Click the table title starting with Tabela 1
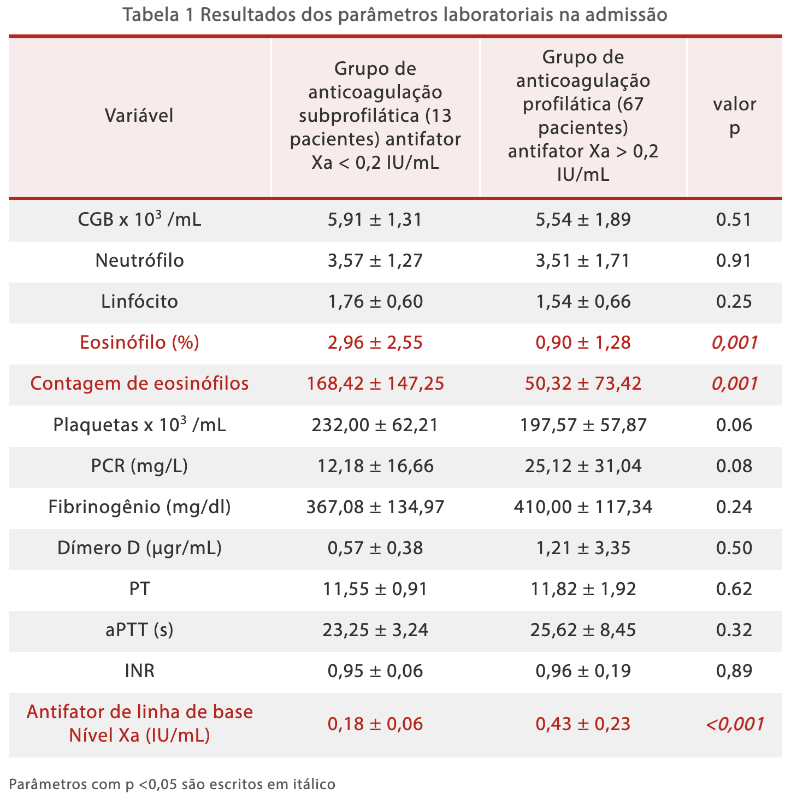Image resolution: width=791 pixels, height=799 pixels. (395, 15)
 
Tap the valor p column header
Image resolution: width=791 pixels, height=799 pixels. (734, 115)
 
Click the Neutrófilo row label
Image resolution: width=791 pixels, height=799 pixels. (139, 260)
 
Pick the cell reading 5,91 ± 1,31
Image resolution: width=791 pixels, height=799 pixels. (375, 220)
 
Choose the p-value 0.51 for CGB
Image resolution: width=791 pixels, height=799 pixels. (734, 220)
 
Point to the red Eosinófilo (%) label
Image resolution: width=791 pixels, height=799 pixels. (139, 343)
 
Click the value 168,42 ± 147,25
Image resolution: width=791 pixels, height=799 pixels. (375, 384)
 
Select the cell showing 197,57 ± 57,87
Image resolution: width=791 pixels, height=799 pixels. (583, 425)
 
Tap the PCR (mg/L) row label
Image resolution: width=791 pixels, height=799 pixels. (139, 466)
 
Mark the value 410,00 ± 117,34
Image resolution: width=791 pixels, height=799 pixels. (583, 507)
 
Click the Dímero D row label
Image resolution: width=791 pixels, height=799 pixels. (139, 548)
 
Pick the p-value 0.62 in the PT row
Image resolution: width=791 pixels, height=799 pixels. (734, 589)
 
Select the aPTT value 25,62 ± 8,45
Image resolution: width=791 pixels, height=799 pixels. (583, 630)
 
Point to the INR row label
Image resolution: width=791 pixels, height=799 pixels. (139, 671)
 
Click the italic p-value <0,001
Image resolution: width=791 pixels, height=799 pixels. (734, 724)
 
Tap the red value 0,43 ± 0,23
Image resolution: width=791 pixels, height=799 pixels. (583, 724)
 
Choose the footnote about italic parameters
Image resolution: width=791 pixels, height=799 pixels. (172, 785)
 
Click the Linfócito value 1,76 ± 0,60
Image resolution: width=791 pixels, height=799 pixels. (375, 302)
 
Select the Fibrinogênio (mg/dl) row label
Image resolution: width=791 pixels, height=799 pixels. (139, 507)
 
